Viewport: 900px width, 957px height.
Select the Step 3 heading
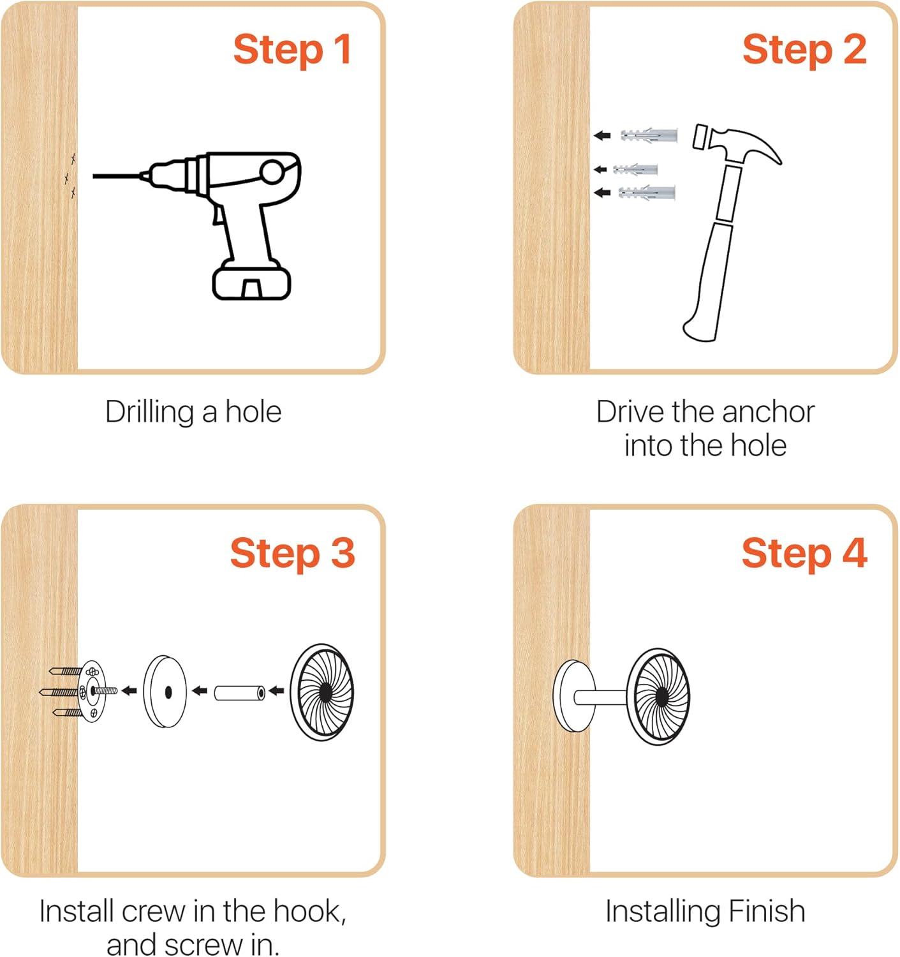pos(292,554)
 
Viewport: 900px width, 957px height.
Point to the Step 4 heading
pos(804,554)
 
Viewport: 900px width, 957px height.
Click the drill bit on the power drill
pos(117,176)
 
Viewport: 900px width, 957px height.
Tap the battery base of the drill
pos(251,281)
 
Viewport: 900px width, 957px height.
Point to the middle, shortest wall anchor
pos(635,170)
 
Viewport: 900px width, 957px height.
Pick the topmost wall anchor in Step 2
pos(649,135)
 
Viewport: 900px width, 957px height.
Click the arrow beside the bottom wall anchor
pos(602,193)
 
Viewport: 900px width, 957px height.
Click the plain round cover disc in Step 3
pos(165,691)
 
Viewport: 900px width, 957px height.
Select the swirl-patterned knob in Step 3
pos(322,692)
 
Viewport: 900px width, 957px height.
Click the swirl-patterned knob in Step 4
pos(659,694)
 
